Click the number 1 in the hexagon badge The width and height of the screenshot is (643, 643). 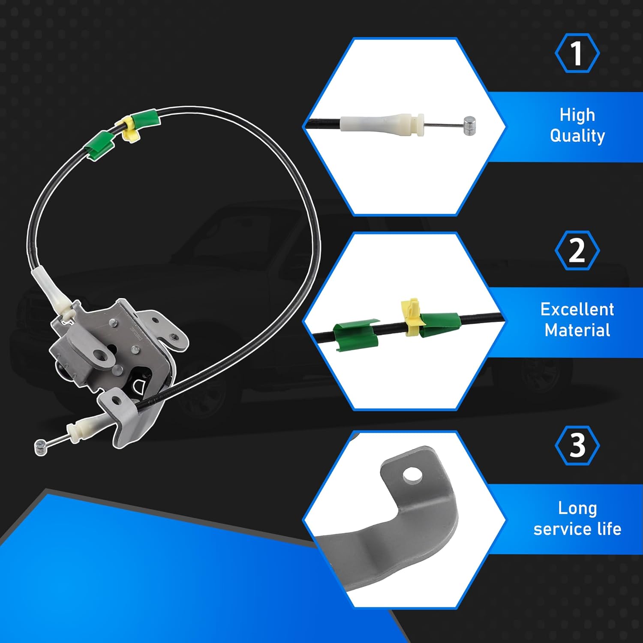click(577, 53)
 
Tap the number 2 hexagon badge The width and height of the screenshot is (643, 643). click(577, 250)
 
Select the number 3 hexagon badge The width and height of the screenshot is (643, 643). click(577, 446)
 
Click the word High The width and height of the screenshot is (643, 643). click(577, 115)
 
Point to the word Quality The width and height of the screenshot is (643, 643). click(577, 136)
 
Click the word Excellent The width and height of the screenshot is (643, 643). click(577, 309)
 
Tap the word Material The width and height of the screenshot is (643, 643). click(577, 330)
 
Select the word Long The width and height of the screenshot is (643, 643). click(577, 508)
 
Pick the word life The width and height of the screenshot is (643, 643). click(609, 529)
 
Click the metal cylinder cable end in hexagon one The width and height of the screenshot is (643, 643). click(469, 126)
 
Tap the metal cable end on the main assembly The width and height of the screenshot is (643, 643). click(41, 447)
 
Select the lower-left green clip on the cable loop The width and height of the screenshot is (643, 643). click(99, 146)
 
